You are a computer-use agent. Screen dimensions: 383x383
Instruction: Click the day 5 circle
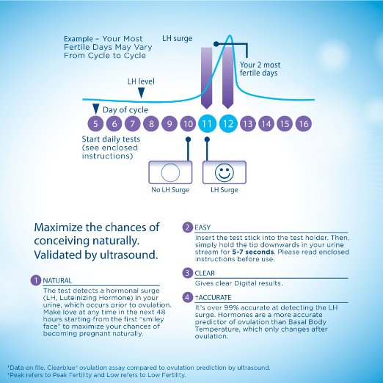(95, 123)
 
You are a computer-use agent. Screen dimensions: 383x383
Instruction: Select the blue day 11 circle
(207, 123)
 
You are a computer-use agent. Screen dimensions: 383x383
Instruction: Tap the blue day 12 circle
(228, 123)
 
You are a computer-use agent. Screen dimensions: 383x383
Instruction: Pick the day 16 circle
(304, 123)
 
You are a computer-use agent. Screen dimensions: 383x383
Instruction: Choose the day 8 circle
(151, 123)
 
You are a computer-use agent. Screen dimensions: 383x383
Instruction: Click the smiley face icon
(225, 172)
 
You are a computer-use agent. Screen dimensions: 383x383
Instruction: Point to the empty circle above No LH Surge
(170, 172)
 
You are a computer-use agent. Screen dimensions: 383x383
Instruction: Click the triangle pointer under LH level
(141, 92)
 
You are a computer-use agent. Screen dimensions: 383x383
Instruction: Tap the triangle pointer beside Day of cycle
(95, 109)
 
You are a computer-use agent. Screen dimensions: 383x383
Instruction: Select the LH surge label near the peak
(178, 38)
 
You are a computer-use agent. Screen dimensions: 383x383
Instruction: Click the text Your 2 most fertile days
(260, 69)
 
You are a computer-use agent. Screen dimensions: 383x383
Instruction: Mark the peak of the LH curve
(230, 35)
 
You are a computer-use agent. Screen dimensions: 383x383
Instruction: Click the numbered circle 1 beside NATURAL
(36, 280)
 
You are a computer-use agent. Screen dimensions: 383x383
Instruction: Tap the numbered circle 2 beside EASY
(187, 227)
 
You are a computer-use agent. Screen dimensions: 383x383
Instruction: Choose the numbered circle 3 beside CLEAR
(187, 273)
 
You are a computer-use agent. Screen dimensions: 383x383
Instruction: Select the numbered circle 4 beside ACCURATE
(187, 297)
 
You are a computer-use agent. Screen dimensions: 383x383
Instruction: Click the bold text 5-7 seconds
(252, 252)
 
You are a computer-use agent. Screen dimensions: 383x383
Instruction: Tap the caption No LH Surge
(170, 190)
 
